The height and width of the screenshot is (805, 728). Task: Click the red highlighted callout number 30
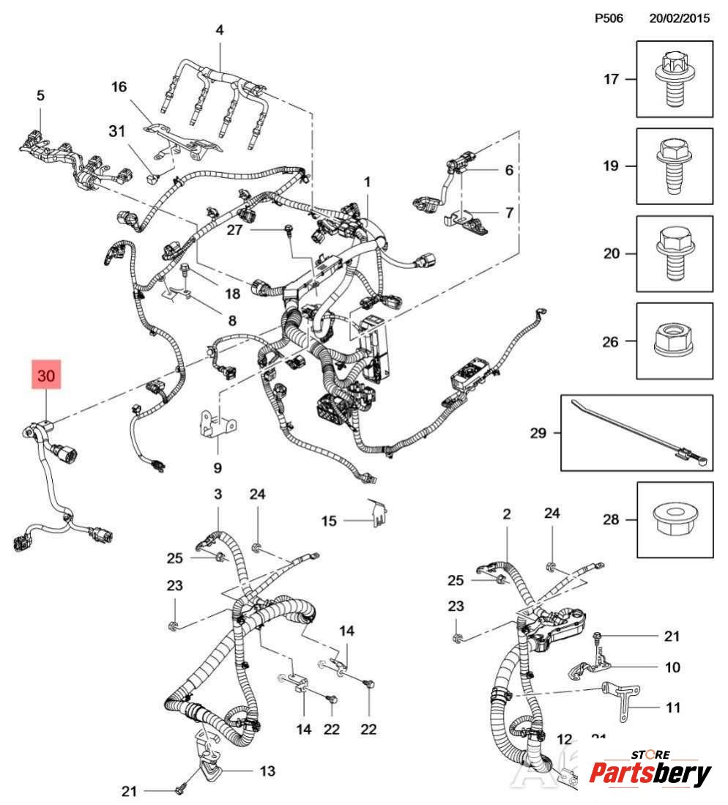point(45,376)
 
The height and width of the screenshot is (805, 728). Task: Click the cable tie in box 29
point(636,433)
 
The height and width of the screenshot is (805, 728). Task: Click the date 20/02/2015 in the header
point(680,19)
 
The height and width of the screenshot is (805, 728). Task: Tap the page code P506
point(609,19)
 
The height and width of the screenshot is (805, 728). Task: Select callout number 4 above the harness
point(219,30)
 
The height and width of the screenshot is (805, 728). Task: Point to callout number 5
point(40,95)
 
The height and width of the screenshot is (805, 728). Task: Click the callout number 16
point(119,87)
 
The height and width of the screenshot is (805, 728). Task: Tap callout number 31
point(117,131)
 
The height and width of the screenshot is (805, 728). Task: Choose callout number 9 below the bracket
point(218,467)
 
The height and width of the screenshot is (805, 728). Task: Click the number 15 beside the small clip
point(329,521)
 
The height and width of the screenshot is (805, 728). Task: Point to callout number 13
point(267,770)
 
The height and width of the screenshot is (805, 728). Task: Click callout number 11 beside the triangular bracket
point(672,708)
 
